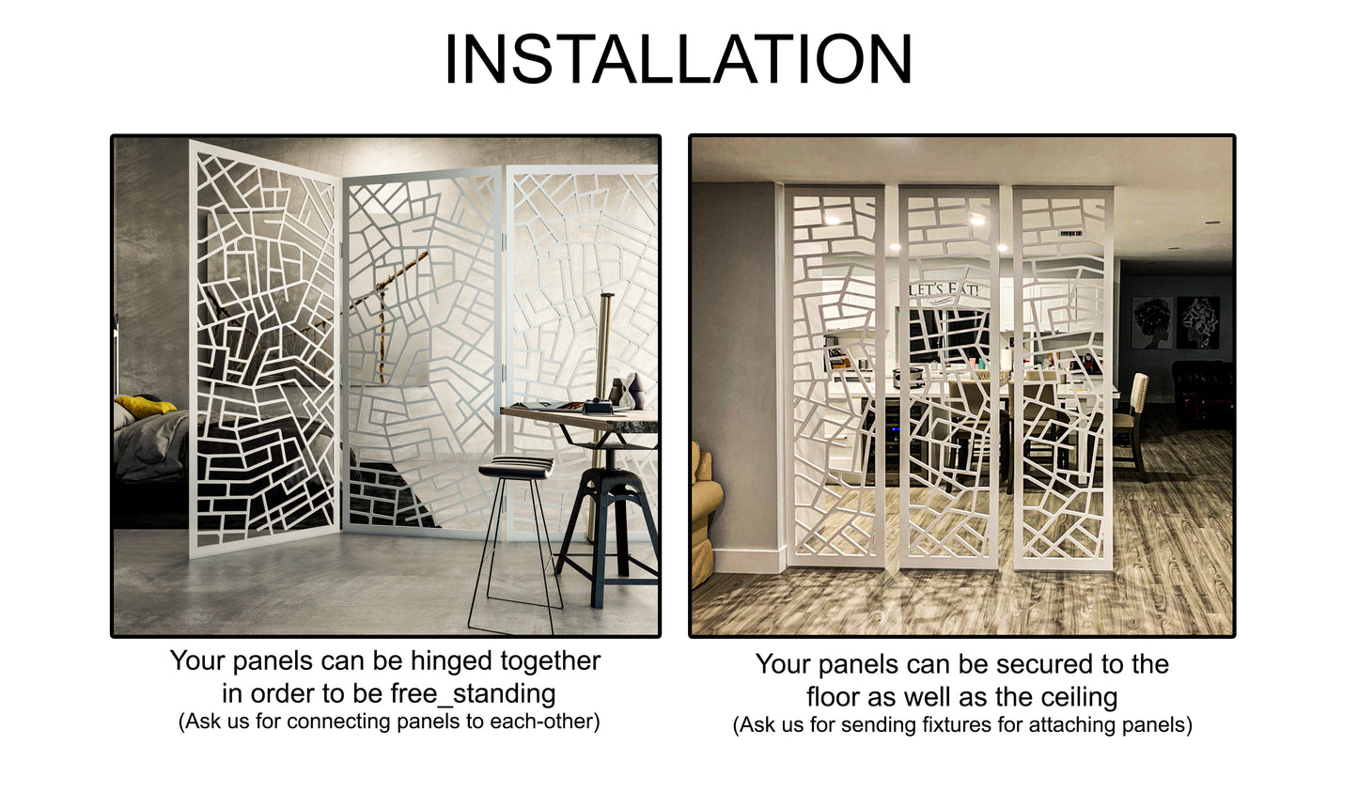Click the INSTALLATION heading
coord(678,59)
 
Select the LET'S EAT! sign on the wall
coord(944,289)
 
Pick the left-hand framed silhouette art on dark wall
coord(1151,322)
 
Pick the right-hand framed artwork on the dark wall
coord(1198,322)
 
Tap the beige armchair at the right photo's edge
coord(705,517)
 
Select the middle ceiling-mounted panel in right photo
coord(948,376)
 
